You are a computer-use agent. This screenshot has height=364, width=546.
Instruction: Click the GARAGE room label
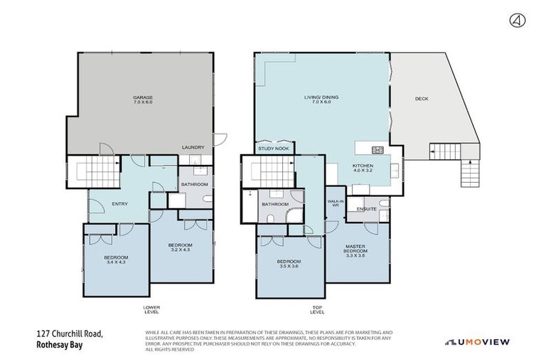tap(143, 100)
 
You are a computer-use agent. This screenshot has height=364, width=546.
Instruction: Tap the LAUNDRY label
tap(193, 147)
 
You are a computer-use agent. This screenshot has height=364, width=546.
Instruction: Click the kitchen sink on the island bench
tap(377, 149)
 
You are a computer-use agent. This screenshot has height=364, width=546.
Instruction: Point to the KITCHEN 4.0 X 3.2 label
tap(363, 169)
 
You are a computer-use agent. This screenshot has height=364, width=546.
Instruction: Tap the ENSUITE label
tap(367, 209)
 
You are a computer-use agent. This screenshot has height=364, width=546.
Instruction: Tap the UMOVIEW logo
tap(477, 342)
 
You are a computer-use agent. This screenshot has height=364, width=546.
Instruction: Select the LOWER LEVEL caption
tap(151, 309)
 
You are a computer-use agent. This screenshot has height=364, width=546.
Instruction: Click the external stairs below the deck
tap(469, 172)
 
